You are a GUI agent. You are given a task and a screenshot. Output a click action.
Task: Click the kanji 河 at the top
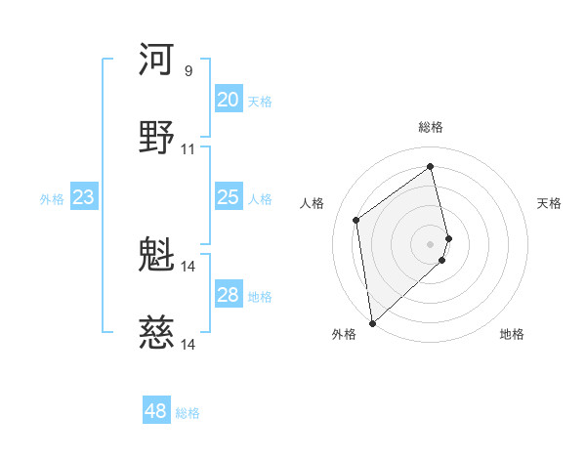157,61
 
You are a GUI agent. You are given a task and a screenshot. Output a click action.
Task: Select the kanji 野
157,138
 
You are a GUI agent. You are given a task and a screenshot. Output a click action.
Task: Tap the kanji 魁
157,256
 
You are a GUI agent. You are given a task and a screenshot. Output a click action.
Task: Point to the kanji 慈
157,334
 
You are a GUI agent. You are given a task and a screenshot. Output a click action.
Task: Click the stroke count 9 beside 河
188,71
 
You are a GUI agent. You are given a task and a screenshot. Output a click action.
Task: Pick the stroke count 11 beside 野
188,149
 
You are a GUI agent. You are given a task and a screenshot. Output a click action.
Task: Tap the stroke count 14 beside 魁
188,266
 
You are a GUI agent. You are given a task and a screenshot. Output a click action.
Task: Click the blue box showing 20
228,100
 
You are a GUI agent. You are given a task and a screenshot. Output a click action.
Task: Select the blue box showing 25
228,197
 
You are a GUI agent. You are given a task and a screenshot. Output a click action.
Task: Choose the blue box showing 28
228,295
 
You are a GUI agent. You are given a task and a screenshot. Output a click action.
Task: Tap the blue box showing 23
83,197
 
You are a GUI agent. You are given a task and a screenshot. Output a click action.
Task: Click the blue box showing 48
155,411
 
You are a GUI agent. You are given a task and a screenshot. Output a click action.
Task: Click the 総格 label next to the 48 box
188,413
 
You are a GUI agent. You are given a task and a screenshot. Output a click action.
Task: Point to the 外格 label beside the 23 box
52,199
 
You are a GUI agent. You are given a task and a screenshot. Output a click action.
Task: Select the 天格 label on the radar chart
550,203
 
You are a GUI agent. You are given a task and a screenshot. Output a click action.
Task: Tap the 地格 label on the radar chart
512,334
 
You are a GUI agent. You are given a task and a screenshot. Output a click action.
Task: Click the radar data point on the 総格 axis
431,166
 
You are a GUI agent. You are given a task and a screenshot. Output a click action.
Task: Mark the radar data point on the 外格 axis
371,323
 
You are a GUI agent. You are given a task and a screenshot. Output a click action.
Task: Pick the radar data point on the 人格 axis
356,220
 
